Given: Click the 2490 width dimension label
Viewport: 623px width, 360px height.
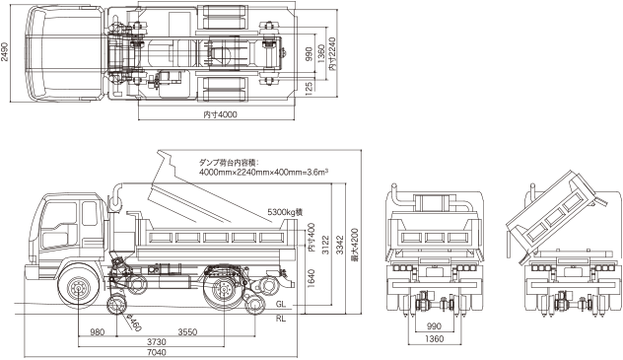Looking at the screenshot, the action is (x=4, y=52).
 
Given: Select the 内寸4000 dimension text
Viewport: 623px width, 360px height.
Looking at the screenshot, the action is (x=220, y=114).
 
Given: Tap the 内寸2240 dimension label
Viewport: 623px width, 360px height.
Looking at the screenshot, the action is (x=332, y=54).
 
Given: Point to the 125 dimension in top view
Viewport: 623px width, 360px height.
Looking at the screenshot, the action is (x=310, y=86).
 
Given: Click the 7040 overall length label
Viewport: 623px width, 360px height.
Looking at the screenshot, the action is (x=157, y=352).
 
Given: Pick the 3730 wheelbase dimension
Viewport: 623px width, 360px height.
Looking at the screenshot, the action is (x=157, y=341).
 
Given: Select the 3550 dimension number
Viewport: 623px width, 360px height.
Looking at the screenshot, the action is (x=187, y=331).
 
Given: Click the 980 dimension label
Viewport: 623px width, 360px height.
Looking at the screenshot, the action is (x=98, y=331).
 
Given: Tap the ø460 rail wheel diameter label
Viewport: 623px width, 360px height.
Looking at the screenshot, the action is (x=134, y=323).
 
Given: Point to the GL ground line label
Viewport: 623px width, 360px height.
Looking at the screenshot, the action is (x=281, y=305).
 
